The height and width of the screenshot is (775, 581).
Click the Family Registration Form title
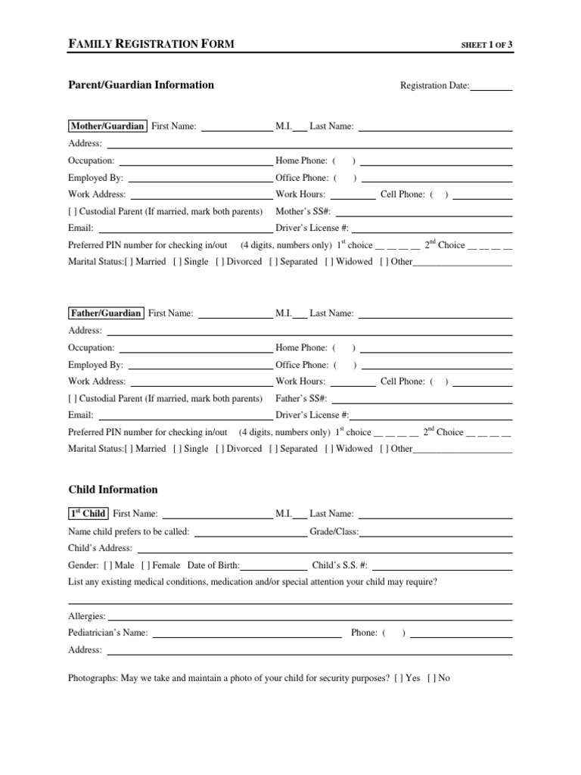pyautogui.click(x=151, y=45)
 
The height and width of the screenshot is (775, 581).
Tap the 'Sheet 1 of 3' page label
pyautogui.click(x=487, y=45)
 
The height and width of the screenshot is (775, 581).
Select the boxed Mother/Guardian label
pyautogui.click(x=107, y=126)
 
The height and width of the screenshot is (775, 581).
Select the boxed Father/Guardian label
pyautogui.click(x=105, y=313)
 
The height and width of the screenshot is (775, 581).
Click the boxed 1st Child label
pyautogui.click(x=88, y=513)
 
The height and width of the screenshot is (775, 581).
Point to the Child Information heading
pyautogui.click(x=113, y=490)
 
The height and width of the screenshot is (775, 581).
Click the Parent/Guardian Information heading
pyautogui.click(x=141, y=85)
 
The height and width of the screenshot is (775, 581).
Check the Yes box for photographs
pyautogui.click(x=398, y=678)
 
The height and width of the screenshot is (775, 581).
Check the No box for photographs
pyautogui.click(x=430, y=678)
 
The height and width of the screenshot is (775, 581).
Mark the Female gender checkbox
pyautogui.click(x=144, y=565)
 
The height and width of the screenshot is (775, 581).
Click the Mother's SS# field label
pyautogui.click(x=302, y=211)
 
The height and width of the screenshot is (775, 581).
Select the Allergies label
pyautogui.click(x=87, y=617)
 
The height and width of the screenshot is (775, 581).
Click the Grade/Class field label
pyautogui.click(x=334, y=532)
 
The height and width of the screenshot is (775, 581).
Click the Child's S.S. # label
pyautogui.click(x=340, y=565)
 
